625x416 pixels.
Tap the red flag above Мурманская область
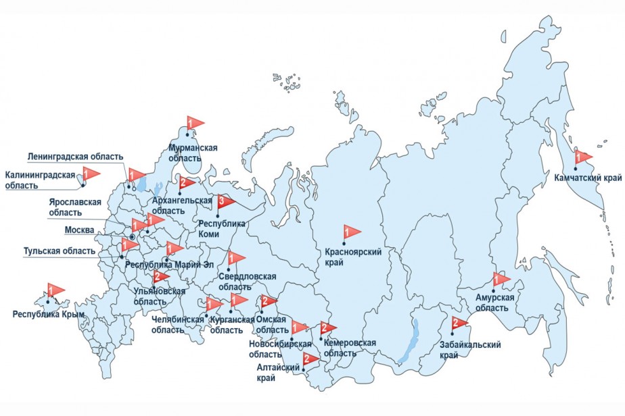pyautogui.click(x=193, y=123)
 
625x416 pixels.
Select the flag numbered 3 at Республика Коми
pyautogui.click(x=225, y=201)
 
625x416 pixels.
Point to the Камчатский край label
pyautogui.click(x=586, y=178)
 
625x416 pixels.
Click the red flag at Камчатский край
pyautogui.click(x=582, y=157)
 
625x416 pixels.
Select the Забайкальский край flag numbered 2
pyautogui.click(x=458, y=323)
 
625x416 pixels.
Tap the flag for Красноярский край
pyautogui.click(x=350, y=232)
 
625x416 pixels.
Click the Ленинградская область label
pyautogui.click(x=75, y=157)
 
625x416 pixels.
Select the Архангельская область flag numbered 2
pyautogui.click(x=185, y=182)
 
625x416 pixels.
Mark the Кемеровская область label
pyautogui.click(x=349, y=348)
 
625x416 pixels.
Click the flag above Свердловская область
pyautogui.click(x=236, y=258)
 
